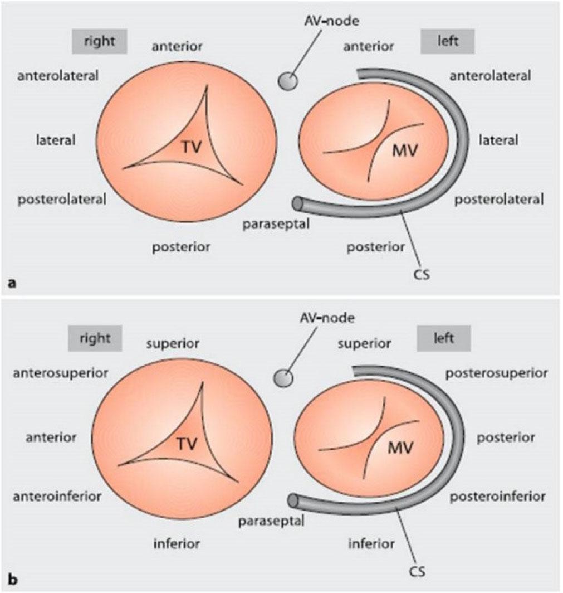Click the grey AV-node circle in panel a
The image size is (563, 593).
coord(288,81)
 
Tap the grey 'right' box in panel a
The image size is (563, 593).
coord(99,41)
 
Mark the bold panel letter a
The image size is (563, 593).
coord(12,284)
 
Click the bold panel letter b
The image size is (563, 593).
coord(12,580)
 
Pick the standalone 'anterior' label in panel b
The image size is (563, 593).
coord(51,438)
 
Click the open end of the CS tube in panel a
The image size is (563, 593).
coord(298,203)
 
